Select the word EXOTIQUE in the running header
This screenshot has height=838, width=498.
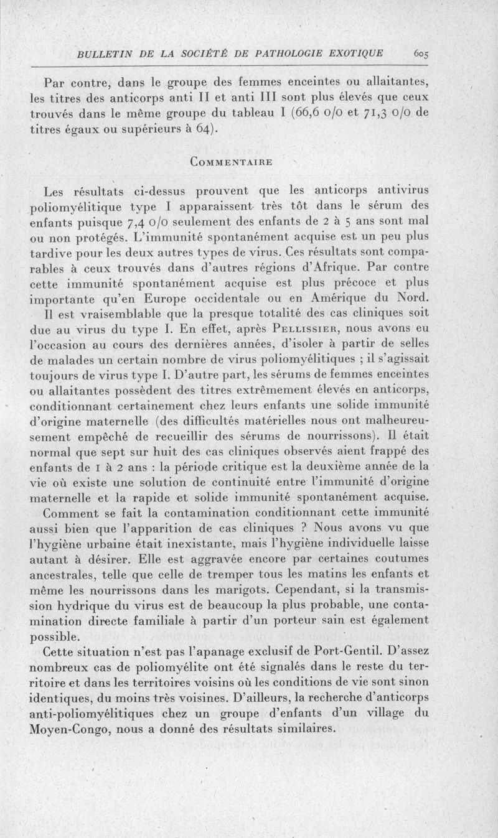click(354, 53)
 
